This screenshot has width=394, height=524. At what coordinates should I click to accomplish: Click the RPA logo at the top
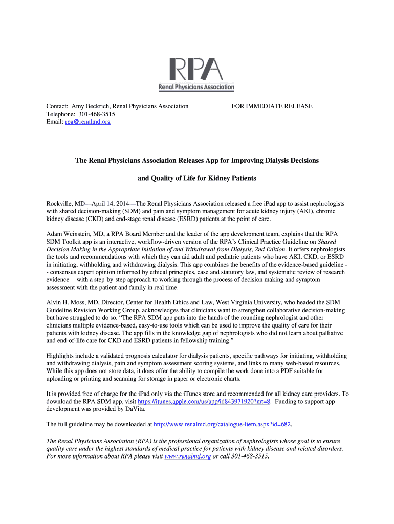click(196, 69)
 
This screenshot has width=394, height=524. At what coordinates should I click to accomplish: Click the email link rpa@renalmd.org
click(87, 122)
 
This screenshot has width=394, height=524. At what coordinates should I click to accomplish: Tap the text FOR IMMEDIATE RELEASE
click(272, 106)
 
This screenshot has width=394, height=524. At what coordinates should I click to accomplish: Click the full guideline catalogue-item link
click(223, 424)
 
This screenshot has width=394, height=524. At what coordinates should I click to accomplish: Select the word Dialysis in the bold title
click(277, 160)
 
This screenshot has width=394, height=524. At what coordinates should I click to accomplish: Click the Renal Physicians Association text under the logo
click(196, 88)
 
